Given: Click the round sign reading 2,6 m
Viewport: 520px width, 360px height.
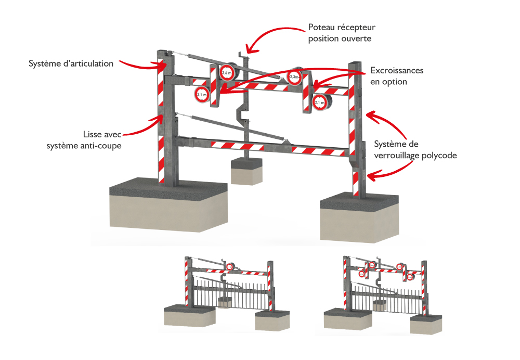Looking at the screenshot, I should click(227, 74).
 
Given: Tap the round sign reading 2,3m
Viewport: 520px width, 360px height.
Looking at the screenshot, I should click(294, 77).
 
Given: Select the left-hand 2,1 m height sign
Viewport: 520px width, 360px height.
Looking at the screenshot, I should click(202, 94).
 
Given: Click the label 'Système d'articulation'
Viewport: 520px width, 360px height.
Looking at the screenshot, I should click(71, 64).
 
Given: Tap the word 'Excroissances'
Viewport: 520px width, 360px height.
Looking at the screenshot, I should click(397, 70).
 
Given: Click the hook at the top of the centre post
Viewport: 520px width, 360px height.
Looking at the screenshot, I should click(240, 55).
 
